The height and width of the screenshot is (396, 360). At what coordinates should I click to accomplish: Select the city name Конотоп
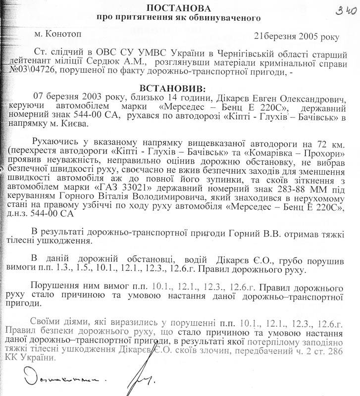tap(60, 35)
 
